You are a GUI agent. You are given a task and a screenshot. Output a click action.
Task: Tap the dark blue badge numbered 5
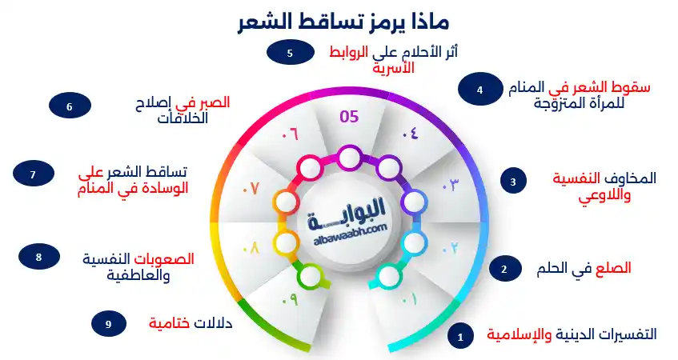click(x=289, y=54)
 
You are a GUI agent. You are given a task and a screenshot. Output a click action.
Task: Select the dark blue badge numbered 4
click(x=479, y=90)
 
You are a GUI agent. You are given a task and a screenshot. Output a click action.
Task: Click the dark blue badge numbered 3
click(x=513, y=182)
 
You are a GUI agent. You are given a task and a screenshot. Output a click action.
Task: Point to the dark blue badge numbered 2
click(x=503, y=269)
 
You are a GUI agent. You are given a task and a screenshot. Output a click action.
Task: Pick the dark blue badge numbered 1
click(x=459, y=337)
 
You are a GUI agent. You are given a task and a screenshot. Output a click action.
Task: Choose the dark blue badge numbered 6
click(x=70, y=106)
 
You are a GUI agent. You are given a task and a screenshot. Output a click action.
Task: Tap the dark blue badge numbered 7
click(x=33, y=174)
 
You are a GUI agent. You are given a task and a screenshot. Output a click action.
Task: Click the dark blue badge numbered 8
click(x=38, y=257)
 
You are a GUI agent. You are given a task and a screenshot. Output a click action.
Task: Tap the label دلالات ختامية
click(x=191, y=323)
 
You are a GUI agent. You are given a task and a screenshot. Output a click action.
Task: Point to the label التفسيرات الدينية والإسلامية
click(x=572, y=334)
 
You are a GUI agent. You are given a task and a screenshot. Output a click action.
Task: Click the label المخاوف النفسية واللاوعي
click(x=604, y=186)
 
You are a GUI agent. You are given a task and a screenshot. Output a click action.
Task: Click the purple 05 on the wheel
click(x=349, y=118)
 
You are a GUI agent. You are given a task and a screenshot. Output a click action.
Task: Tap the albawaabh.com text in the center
click(x=347, y=227)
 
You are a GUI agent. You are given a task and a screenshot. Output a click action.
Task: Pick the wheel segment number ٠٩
click(x=289, y=300)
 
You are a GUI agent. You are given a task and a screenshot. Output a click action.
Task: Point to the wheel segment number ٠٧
click(x=251, y=189)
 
